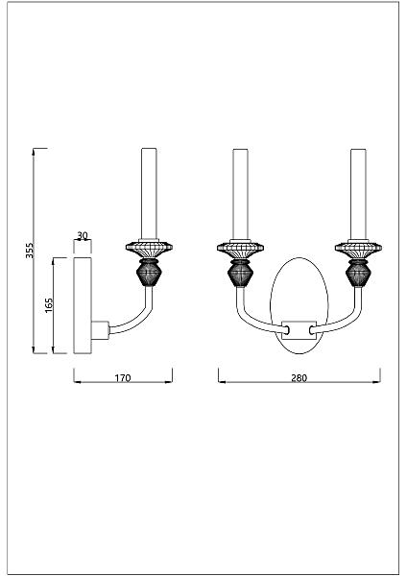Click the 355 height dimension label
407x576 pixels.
coord(30,251)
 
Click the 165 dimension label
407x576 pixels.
coord(49,305)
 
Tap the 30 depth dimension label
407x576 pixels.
coord(83,235)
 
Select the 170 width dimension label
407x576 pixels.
coord(123,377)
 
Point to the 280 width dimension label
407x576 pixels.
coord(299,377)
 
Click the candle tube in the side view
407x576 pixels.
coord(149,194)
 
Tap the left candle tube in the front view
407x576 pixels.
coord(240,194)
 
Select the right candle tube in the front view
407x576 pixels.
coord(358,194)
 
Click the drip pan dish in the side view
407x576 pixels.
coord(149,248)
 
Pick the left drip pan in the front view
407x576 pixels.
coord(240,248)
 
